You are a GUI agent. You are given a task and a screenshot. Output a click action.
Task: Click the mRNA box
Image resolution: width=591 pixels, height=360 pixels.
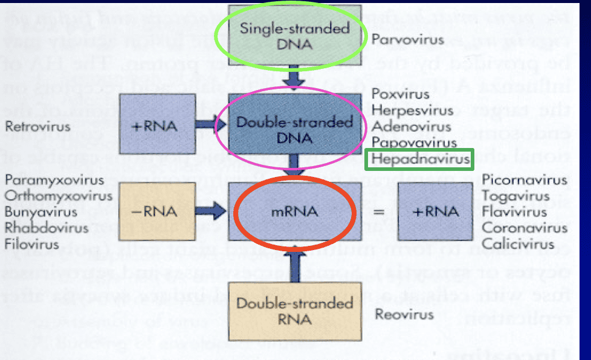tap(294, 212)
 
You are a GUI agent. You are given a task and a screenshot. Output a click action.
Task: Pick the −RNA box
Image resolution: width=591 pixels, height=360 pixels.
tap(161, 212)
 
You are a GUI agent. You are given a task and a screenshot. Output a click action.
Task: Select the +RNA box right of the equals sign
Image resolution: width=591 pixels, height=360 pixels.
tap(434, 212)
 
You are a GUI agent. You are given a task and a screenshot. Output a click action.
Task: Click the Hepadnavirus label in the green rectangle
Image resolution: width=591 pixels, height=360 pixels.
tap(420, 159)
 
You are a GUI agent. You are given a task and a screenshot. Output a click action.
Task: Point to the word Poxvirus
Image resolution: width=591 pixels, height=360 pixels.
tap(401, 94)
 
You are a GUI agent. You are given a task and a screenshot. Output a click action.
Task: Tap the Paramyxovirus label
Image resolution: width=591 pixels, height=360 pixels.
tap(42, 180)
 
